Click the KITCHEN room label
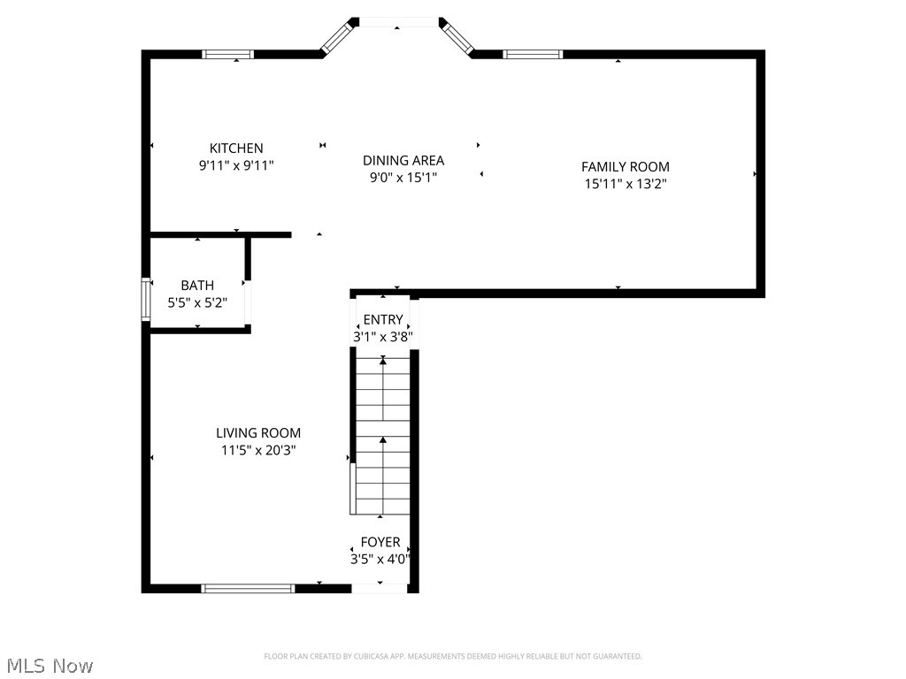point(235,149)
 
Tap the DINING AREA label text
point(403,160)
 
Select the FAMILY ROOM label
point(625,166)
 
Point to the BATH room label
point(197,286)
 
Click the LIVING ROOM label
point(258,433)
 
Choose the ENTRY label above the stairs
point(383,319)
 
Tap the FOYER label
point(380,542)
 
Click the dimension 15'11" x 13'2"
point(625,184)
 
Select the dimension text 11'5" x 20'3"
point(258,450)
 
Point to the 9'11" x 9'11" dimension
point(235,165)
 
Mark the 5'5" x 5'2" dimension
point(197,302)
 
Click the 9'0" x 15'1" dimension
point(403,177)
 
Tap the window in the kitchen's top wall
point(228,54)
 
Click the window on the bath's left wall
point(146,298)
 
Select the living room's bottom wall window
point(248,588)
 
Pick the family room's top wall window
point(533,54)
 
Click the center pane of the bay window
point(397,22)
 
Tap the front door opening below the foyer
point(380,588)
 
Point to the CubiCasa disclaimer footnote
point(453,656)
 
